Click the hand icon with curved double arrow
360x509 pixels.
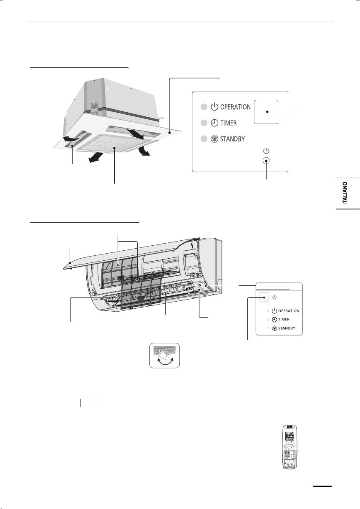165,355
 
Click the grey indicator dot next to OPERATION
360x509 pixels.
203,107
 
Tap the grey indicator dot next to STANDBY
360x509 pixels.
203,139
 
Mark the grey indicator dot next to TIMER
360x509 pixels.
203,123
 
